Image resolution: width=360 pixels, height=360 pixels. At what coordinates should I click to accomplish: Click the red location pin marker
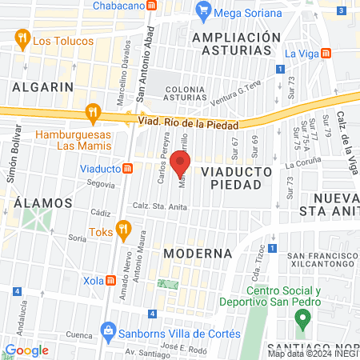click(x=180, y=164)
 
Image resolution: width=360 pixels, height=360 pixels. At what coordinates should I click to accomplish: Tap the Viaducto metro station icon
click(x=127, y=169)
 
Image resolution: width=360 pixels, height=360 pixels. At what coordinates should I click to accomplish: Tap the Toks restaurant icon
click(x=122, y=231)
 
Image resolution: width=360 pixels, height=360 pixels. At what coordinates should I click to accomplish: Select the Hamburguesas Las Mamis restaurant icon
click(x=94, y=113)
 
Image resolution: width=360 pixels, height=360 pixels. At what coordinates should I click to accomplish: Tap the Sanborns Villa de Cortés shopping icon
click(x=108, y=330)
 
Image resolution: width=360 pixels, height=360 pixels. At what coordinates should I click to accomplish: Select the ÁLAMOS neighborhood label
click(x=42, y=203)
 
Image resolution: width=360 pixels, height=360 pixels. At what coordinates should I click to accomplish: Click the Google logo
click(x=26, y=350)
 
